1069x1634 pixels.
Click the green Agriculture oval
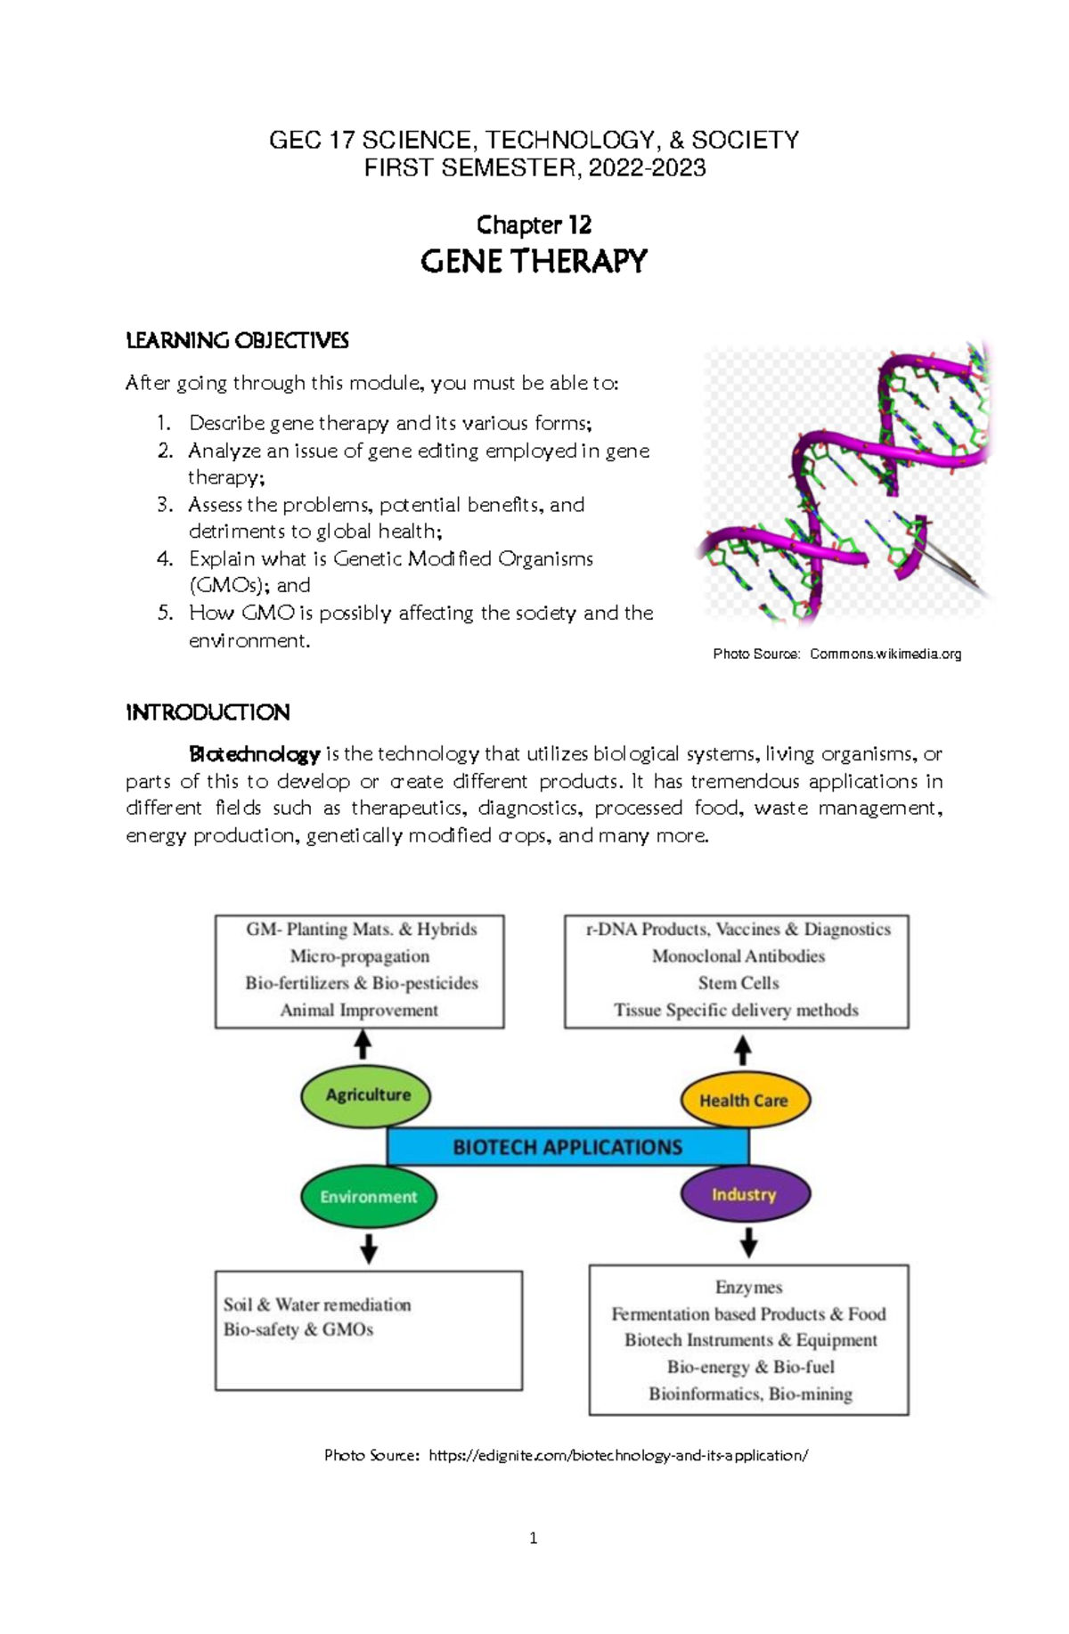[x=366, y=1094]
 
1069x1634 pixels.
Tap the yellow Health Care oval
[x=745, y=1100]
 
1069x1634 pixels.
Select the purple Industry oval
[x=745, y=1194]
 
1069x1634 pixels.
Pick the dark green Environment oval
[x=368, y=1197]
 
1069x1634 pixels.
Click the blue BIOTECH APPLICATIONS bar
[x=567, y=1147]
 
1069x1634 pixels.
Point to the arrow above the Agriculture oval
[x=363, y=1045]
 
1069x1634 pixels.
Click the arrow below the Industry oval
[x=749, y=1241]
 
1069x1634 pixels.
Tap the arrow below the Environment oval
[x=369, y=1248]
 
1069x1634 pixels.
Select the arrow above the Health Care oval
[x=743, y=1050]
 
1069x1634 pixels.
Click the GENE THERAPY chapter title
[x=534, y=262]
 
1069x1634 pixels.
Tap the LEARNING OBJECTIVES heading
[x=237, y=340]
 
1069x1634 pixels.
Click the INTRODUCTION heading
[x=208, y=712]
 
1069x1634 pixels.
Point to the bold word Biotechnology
[x=255, y=754]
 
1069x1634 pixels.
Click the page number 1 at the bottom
[x=533, y=1538]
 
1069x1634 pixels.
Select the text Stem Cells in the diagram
[x=739, y=983]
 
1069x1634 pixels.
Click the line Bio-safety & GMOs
[x=298, y=1329]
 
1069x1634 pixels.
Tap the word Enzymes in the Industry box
[x=748, y=1287]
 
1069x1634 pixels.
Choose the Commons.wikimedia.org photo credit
[x=885, y=654]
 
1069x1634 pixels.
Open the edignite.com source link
[x=618, y=1455]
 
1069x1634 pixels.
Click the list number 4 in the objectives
[x=164, y=559]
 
